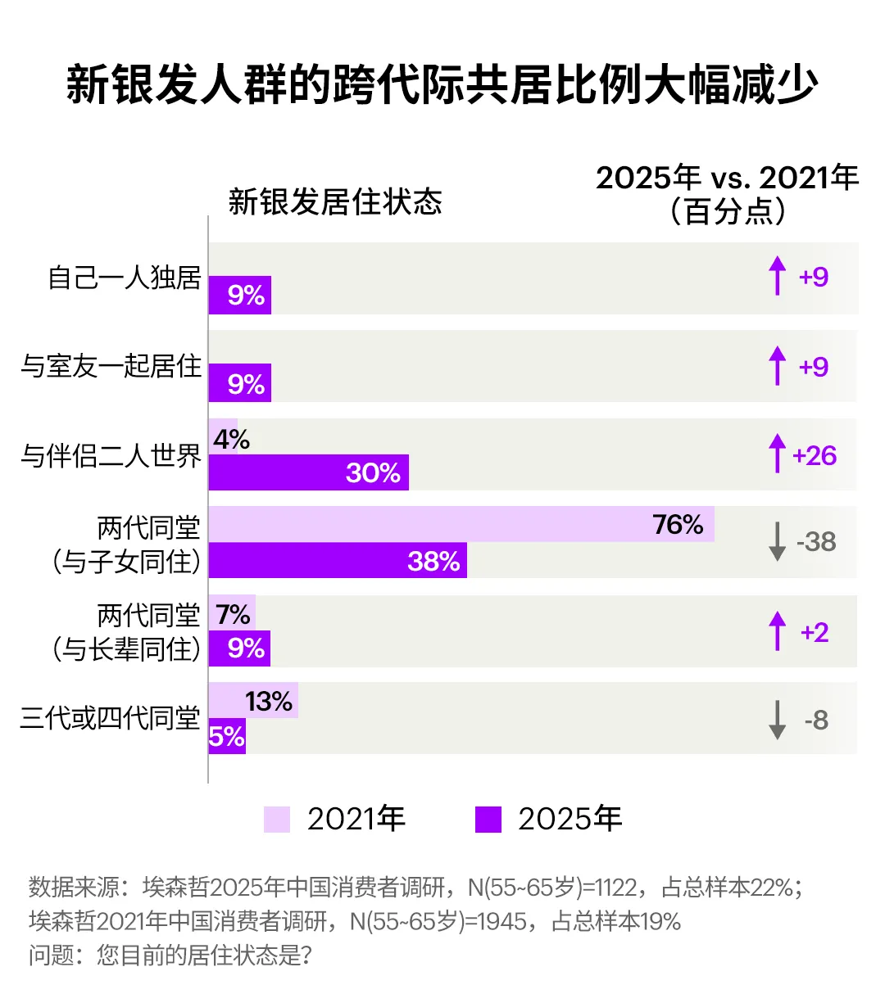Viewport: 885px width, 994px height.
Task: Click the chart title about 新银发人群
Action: click(442, 84)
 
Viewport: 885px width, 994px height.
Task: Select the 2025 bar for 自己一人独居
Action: click(239, 295)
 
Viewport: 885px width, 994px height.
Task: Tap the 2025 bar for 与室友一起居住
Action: click(239, 383)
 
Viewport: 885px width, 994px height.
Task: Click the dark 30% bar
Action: click(308, 472)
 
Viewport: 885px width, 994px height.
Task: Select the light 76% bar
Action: click(461, 524)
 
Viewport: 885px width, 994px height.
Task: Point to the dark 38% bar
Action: click(337, 560)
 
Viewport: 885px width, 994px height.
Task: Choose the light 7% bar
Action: click(232, 613)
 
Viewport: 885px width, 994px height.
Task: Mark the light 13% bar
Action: click(252, 701)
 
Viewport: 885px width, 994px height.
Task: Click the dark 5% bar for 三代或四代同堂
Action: click(227, 737)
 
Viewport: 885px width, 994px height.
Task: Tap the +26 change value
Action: click(815, 455)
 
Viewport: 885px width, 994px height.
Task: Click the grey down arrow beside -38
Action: click(777, 542)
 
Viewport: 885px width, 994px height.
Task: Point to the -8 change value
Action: click(816, 721)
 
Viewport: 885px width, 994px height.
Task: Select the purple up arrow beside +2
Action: click(777, 631)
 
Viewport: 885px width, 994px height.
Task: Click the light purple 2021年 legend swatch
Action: click(277, 820)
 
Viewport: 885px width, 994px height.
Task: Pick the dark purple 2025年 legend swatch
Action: click(488, 820)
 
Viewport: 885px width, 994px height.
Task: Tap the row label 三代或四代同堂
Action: click(110, 719)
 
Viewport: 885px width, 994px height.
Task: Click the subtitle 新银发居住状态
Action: click(335, 201)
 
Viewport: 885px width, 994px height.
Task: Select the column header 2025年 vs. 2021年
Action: click(727, 178)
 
